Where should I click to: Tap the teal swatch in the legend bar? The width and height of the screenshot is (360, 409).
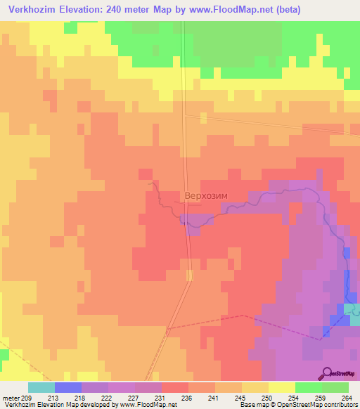click(41, 387)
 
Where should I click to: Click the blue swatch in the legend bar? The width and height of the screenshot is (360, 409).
click(68, 387)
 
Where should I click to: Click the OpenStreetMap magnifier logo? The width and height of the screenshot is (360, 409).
click(328, 372)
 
